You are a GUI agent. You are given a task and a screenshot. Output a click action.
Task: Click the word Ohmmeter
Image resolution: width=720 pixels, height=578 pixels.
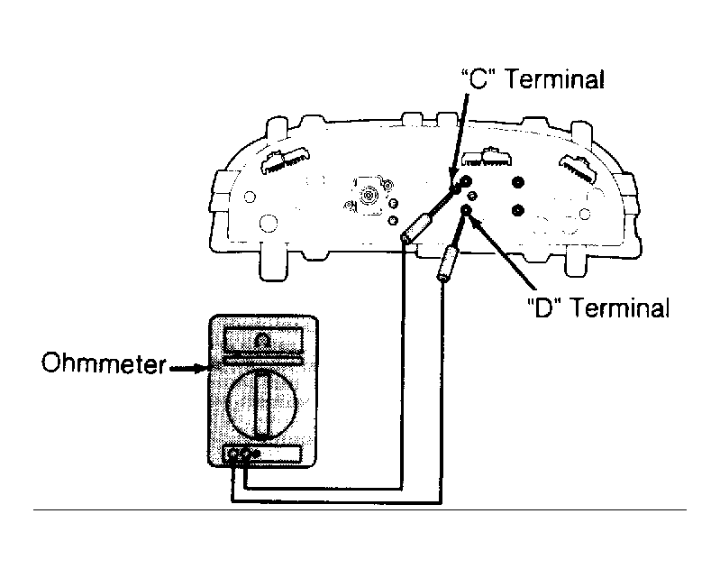[x=104, y=363]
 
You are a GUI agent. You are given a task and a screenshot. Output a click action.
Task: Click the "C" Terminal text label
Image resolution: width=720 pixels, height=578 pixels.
[x=533, y=79]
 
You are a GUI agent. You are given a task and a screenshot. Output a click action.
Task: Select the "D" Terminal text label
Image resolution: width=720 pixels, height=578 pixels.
[x=597, y=307]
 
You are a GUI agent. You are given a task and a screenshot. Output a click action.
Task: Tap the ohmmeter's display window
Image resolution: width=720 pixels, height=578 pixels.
[x=262, y=341]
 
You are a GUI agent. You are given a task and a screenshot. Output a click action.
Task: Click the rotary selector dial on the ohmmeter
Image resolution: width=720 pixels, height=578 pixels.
[x=262, y=404]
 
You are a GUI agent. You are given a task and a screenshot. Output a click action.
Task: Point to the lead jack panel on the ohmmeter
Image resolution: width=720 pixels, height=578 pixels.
[x=262, y=454]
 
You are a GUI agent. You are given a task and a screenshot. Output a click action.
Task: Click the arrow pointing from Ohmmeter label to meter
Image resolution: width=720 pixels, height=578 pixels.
[x=188, y=368]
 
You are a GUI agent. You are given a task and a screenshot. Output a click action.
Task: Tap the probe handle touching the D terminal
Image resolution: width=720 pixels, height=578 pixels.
[x=447, y=263]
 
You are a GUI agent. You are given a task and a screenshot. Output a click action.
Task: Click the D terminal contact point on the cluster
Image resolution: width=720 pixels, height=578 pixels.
[x=466, y=210]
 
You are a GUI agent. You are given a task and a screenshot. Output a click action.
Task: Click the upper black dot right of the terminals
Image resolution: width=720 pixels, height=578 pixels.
[x=517, y=182]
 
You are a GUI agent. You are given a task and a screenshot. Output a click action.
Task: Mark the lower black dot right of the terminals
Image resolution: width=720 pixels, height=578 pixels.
[x=517, y=211]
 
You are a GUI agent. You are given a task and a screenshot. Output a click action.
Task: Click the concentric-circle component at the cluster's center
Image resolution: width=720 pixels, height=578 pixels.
[x=369, y=196]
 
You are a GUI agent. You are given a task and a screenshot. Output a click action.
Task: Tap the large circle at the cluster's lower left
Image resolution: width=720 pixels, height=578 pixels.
[x=269, y=224]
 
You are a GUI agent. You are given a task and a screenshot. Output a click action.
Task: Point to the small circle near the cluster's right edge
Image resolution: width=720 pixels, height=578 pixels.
[x=585, y=214]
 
